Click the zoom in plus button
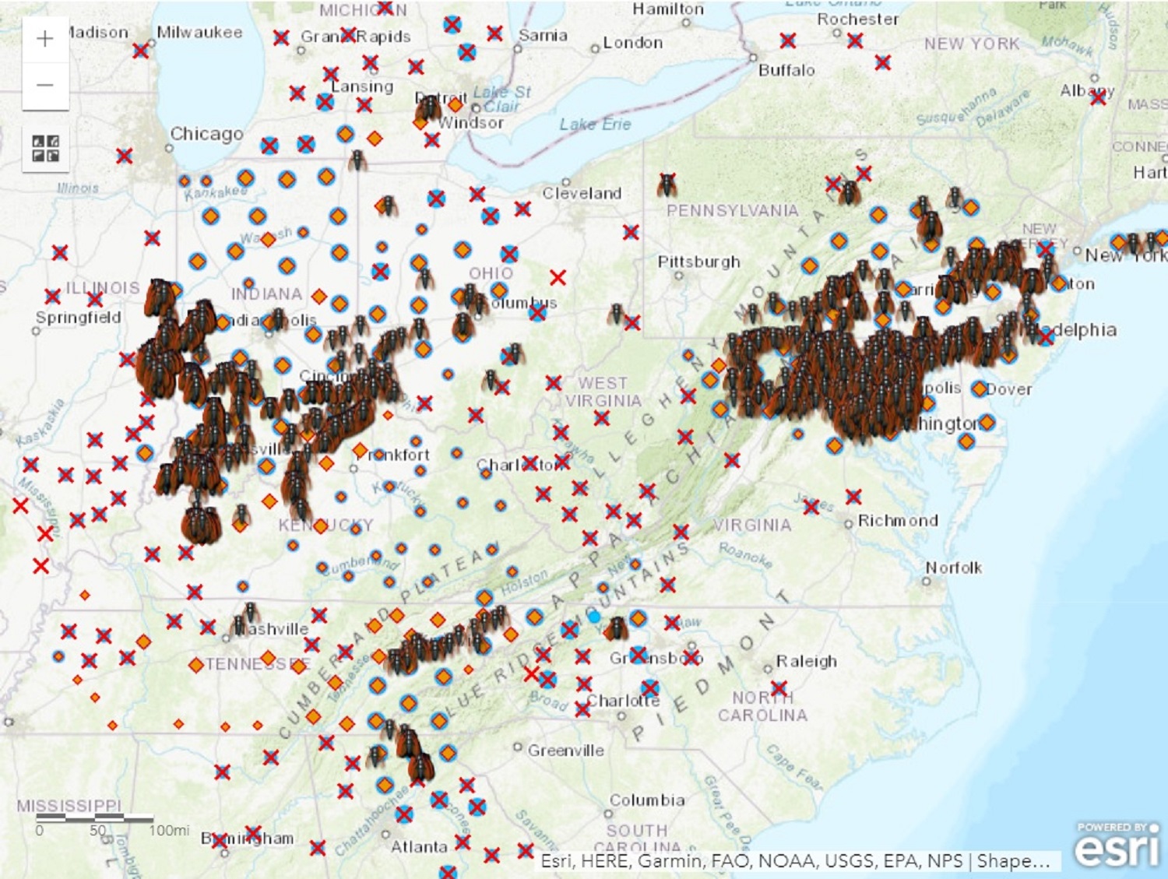coord(45,39)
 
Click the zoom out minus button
coord(45,85)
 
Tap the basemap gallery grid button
coord(45,148)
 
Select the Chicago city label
coord(206,134)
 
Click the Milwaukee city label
coord(199,33)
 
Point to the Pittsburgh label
coord(698,262)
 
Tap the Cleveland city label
coord(582,193)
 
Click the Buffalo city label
coord(786,70)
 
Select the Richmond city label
coord(897,520)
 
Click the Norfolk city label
coord(953,568)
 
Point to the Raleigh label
coord(806,661)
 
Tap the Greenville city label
coord(565,751)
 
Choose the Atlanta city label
coord(419,846)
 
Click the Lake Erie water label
coord(595,125)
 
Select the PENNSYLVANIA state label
coord(732,210)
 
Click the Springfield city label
coord(78,318)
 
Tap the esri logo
coord(1117,846)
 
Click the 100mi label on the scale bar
coord(169,830)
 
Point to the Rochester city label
coord(857,19)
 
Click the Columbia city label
coord(647,800)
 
